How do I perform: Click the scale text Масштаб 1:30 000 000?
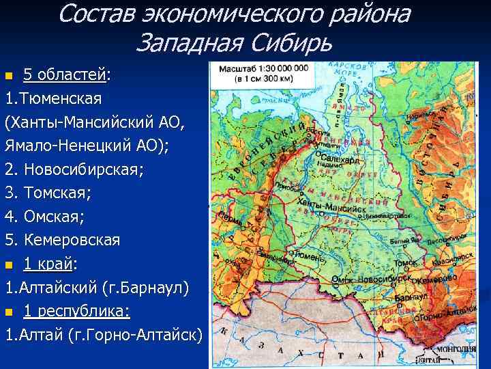pos(263,68)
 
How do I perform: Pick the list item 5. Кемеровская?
pos(63,241)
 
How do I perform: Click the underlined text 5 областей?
pos(65,74)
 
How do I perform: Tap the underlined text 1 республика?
pos(76,311)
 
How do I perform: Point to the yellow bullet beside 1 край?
pos(8,265)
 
